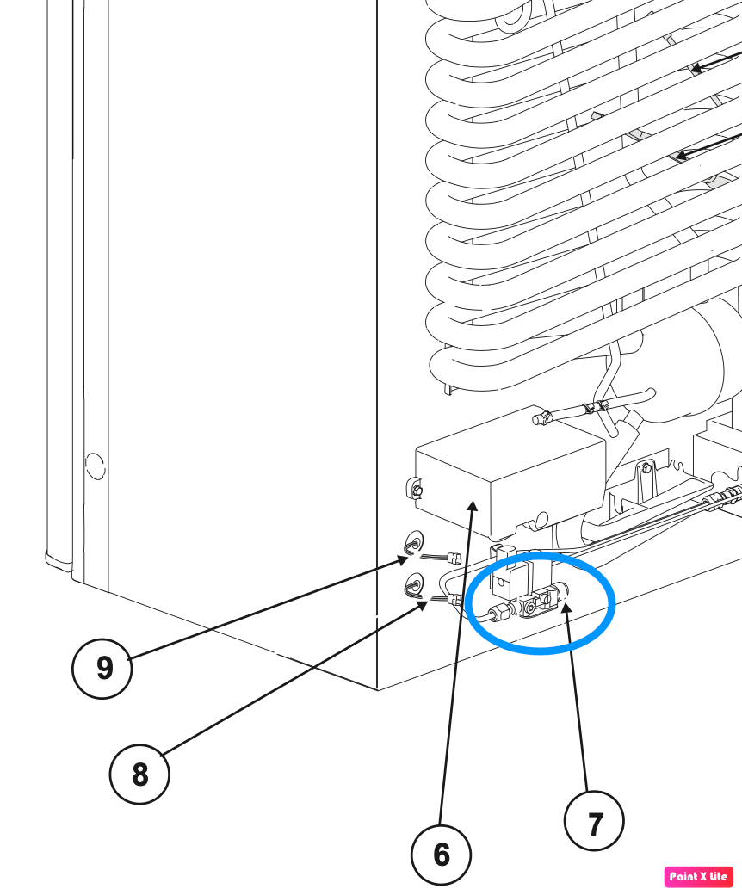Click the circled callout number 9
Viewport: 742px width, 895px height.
(x=102, y=668)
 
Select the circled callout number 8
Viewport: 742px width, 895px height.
(x=139, y=774)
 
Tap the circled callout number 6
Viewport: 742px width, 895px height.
(x=442, y=855)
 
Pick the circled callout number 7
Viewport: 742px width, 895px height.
(x=594, y=821)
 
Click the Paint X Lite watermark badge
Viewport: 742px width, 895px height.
(x=699, y=877)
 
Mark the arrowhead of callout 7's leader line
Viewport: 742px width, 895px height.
(x=566, y=608)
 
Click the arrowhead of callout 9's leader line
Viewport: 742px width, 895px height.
(x=403, y=560)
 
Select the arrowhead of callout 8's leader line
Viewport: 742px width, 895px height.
(x=423, y=606)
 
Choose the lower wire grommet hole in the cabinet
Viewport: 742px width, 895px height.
(x=414, y=584)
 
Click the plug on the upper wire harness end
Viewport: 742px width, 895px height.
(x=455, y=558)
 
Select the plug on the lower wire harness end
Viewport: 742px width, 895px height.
(x=455, y=599)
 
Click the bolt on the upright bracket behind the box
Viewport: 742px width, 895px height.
(x=646, y=469)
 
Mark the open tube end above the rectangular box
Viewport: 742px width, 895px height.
(x=537, y=420)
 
